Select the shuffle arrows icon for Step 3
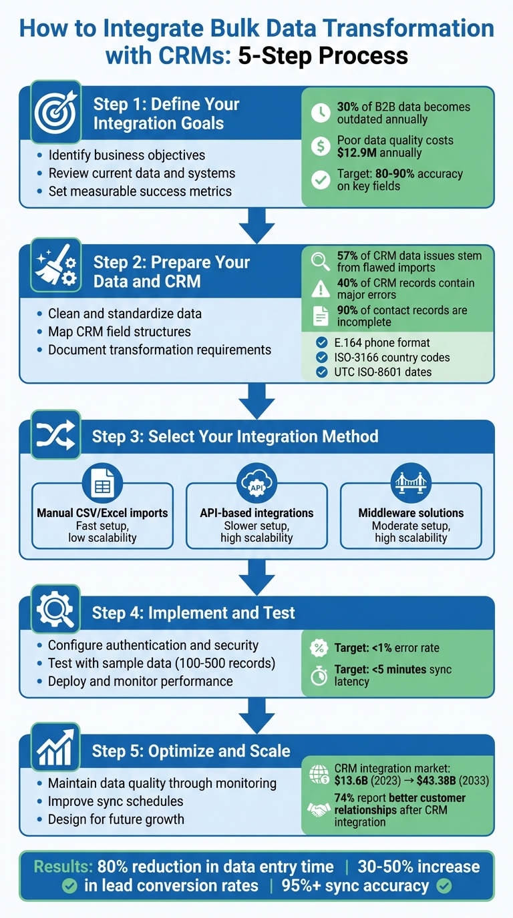coord(56,437)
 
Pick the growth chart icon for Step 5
coord(56,751)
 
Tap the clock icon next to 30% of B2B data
coord(321,113)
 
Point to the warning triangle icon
coord(321,289)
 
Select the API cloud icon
coord(256,486)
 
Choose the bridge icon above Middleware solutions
coord(411,486)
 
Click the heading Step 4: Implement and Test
coord(193,613)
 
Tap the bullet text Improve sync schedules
coord(116,801)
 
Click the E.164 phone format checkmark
coord(321,344)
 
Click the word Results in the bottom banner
coord(63,867)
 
